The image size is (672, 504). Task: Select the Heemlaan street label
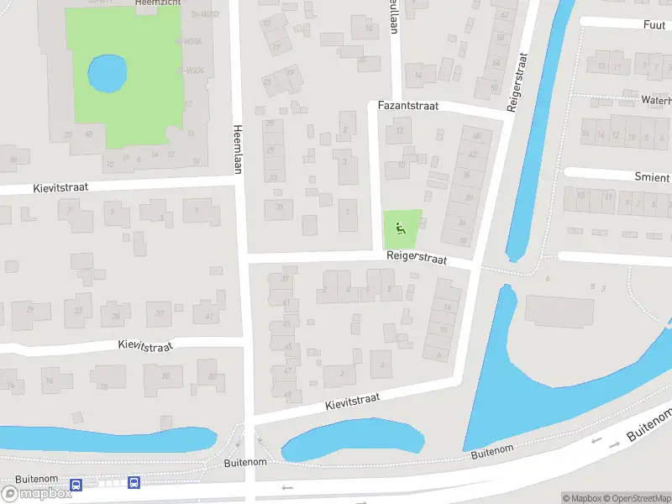(238, 144)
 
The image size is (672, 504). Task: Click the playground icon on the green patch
(400, 225)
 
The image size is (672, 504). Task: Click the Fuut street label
(654, 25)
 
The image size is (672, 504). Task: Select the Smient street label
(653, 177)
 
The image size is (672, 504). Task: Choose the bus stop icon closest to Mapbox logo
(76, 484)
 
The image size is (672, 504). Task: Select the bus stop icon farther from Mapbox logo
(134, 482)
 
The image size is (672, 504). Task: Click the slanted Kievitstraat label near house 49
(353, 402)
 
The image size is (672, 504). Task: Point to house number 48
(477, 134)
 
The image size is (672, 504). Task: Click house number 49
(288, 394)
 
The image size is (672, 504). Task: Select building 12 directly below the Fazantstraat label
(400, 130)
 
